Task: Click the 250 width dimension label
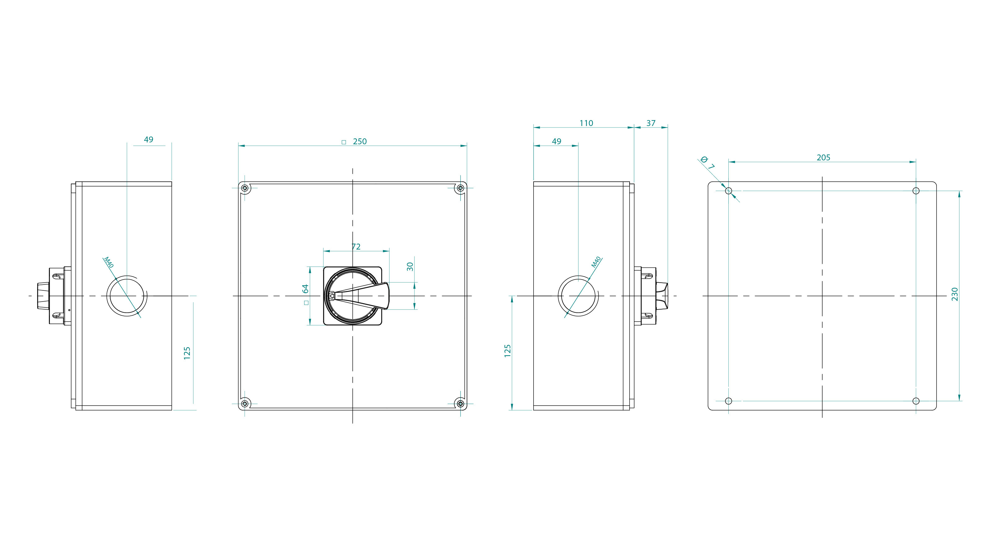[360, 141]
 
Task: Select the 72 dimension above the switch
[356, 246]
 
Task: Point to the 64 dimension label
[305, 289]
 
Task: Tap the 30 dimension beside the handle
[410, 266]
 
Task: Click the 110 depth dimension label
[586, 123]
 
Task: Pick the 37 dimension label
[651, 123]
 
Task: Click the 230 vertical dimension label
[954, 294]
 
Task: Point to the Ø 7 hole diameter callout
[707, 163]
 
